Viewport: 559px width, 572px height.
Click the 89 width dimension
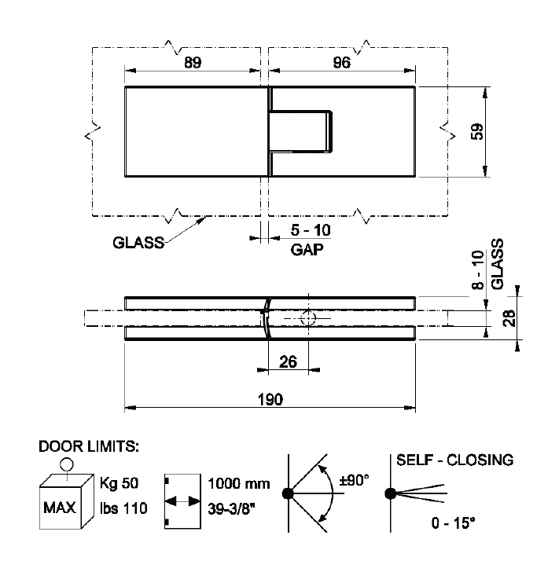pos(193,62)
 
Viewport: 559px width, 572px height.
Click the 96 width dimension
pos(342,62)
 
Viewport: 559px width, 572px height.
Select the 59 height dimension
pos(477,132)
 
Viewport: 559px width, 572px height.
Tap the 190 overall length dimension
pos(270,399)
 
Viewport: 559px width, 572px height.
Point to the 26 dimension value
pos(288,362)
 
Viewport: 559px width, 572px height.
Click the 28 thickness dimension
pos(509,318)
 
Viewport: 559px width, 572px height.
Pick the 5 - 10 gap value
pos(311,230)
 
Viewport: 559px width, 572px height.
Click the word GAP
pos(307,250)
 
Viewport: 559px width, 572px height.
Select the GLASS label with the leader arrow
pos(138,243)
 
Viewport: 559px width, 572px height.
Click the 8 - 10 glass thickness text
pos(478,270)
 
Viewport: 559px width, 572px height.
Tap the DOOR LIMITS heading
pos(89,446)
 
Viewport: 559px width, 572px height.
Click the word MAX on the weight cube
pos(60,508)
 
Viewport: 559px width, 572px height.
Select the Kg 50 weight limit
pos(120,483)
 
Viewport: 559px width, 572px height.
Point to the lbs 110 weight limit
pos(123,508)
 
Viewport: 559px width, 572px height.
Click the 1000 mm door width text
pos(239,484)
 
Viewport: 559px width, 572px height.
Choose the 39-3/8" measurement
pos(231,508)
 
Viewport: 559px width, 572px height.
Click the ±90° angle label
pos(354,480)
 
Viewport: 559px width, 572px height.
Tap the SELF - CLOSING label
pos(455,460)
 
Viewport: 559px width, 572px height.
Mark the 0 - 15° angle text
pos(454,523)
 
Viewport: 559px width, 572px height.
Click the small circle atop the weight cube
pos(67,465)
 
